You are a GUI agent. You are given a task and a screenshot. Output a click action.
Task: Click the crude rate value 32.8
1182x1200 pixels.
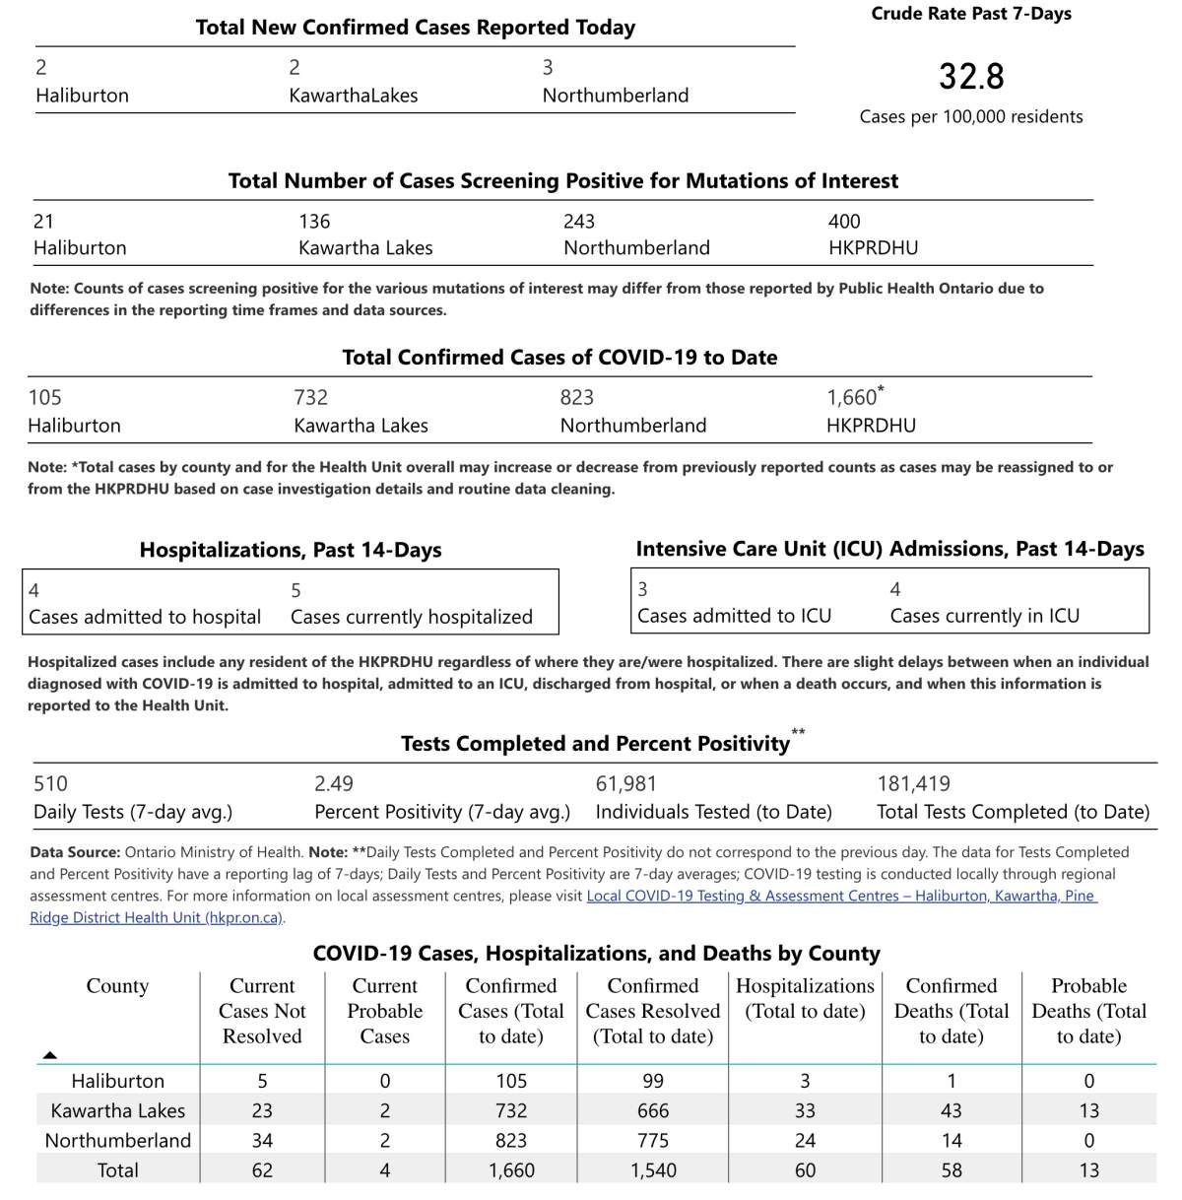970,77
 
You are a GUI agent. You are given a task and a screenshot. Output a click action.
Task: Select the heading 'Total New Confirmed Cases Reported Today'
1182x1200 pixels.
415,28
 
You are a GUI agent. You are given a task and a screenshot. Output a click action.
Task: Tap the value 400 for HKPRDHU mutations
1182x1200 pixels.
844,222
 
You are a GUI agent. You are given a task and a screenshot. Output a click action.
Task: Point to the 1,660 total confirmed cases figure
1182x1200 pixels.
853,397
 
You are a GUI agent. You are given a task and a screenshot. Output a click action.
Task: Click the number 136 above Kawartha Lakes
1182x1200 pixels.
314,222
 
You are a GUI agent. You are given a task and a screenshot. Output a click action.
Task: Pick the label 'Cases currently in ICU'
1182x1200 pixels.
984,616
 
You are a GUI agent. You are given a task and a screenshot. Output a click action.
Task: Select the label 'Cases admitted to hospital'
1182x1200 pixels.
145,617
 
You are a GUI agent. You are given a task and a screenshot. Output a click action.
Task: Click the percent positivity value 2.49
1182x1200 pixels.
333,784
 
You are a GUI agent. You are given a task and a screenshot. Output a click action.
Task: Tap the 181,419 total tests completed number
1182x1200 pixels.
913,784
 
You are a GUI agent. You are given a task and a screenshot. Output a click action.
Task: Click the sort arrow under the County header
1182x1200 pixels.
50,1055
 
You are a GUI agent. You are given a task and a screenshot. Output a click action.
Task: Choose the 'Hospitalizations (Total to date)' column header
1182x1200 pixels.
805,998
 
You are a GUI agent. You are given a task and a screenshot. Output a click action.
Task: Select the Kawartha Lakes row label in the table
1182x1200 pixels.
117,1110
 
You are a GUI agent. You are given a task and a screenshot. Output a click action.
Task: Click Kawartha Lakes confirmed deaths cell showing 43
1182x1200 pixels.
951,1110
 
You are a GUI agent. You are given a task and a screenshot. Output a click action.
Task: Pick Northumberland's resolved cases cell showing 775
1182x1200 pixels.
652,1140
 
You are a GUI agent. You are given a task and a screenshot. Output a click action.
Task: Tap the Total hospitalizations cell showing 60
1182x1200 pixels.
805,1170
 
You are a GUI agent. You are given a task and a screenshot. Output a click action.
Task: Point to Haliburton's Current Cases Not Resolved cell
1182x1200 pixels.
262,1081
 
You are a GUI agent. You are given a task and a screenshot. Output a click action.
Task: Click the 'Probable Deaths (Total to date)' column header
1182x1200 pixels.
1088,1011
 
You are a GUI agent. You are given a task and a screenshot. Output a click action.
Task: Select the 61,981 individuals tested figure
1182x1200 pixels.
625,784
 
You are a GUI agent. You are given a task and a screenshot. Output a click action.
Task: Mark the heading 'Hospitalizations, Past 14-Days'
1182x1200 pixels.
291,550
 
